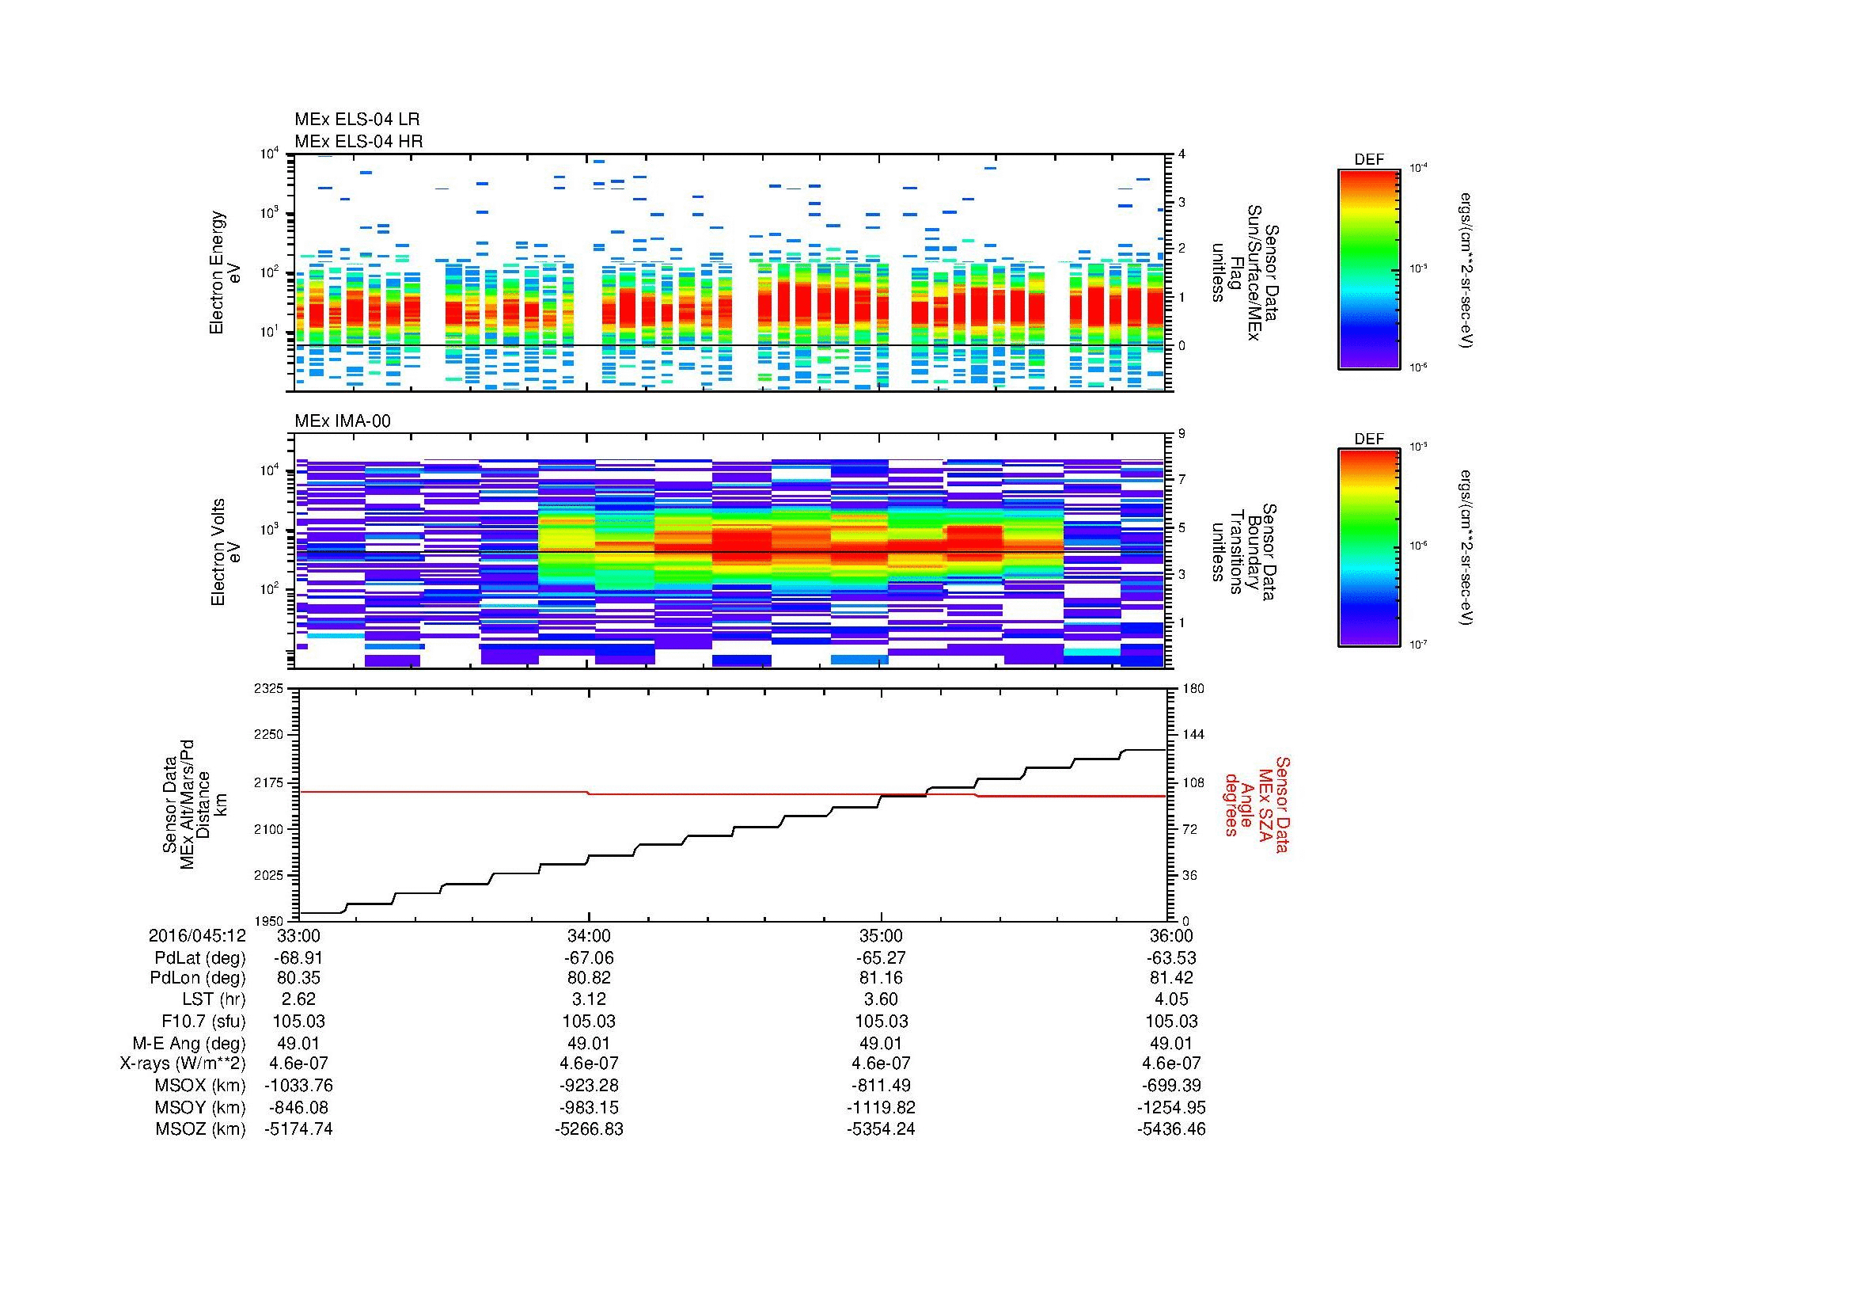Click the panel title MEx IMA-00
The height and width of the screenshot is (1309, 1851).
click(342, 420)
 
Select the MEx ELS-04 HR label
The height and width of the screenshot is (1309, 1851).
click(358, 141)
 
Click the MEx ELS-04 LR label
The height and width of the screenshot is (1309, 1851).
click(357, 120)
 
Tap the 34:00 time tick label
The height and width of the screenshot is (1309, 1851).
click(589, 935)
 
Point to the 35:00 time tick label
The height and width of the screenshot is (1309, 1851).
click(881, 935)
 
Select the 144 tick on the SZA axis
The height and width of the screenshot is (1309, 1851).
click(1192, 735)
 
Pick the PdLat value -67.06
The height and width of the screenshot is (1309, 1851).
click(589, 957)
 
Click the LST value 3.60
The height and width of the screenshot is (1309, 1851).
click(881, 999)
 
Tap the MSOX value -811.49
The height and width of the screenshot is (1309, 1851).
click(881, 1085)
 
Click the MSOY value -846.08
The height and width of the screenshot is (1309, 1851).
click(298, 1106)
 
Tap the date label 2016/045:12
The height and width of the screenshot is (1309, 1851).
click(197, 935)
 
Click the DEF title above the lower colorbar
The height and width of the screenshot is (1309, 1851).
click(1368, 439)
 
